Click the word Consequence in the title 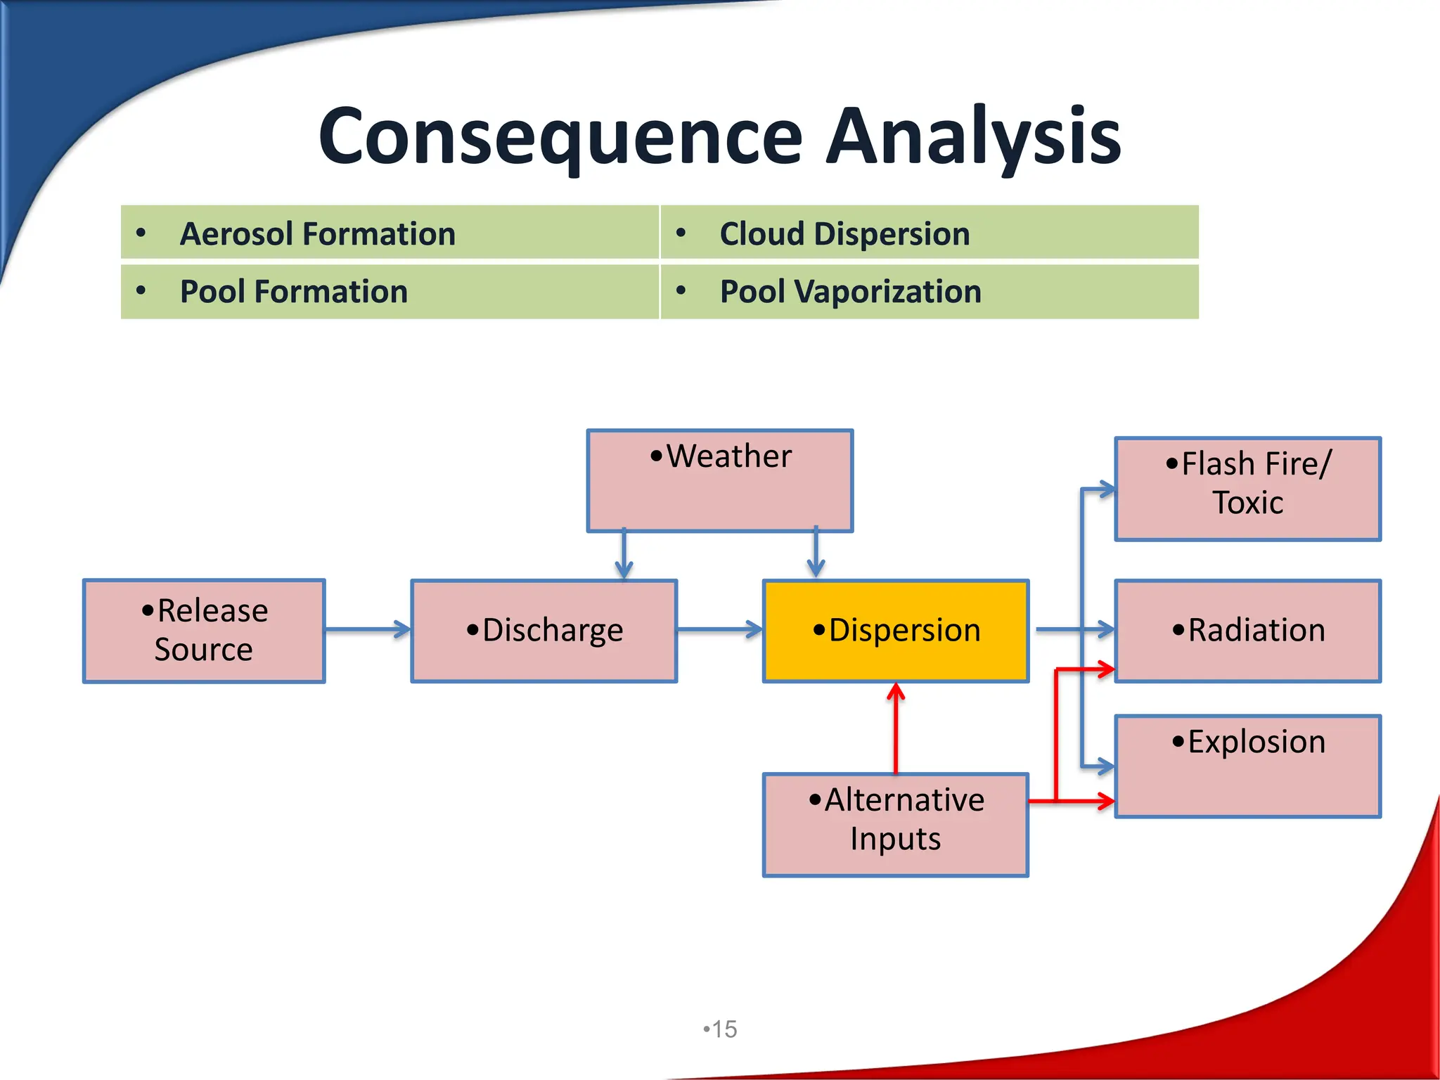(x=560, y=137)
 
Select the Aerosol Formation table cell (x=390, y=233)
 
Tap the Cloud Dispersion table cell (x=929, y=233)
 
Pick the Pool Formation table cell (x=390, y=292)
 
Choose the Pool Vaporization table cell (x=929, y=292)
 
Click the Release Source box (x=204, y=631)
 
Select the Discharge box (x=544, y=631)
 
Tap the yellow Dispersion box (x=896, y=631)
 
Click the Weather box (x=720, y=481)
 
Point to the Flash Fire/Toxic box (x=1247, y=489)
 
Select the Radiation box (x=1247, y=631)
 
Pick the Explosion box (x=1247, y=766)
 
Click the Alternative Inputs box (x=896, y=825)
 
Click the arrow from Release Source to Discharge (x=368, y=629)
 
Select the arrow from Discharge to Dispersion (x=719, y=629)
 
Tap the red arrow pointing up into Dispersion (x=896, y=728)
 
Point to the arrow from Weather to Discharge (x=624, y=555)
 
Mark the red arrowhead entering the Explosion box (x=1105, y=800)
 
